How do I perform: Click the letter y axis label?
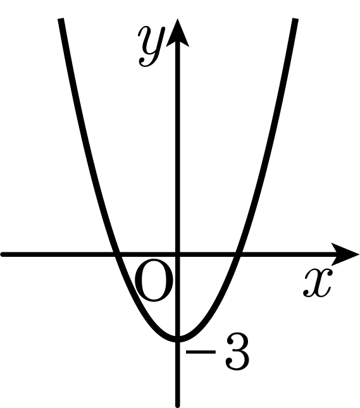pyautogui.click(x=152, y=46)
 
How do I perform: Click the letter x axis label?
pyautogui.click(x=318, y=283)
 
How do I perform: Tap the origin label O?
pyautogui.click(x=154, y=280)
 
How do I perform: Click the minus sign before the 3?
pyautogui.click(x=201, y=352)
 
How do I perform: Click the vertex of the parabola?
pyautogui.click(x=178, y=339)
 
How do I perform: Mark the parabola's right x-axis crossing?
pyautogui.click(x=238, y=254)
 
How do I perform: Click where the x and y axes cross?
pyautogui.click(x=178, y=254)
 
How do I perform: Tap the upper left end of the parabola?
pyautogui.click(x=61, y=19)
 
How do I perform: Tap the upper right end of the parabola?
pyautogui.click(x=295, y=19)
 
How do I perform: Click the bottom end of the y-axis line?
pyautogui.click(x=178, y=405)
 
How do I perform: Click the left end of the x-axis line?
pyautogui.click(x=3, y=254)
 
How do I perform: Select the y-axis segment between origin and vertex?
pyautogui.click(x=178, y=297)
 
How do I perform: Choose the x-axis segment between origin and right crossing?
pyautogui.click(x=208, y=254)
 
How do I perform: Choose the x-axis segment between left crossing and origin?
pyautogui.click(x=147, y=254)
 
